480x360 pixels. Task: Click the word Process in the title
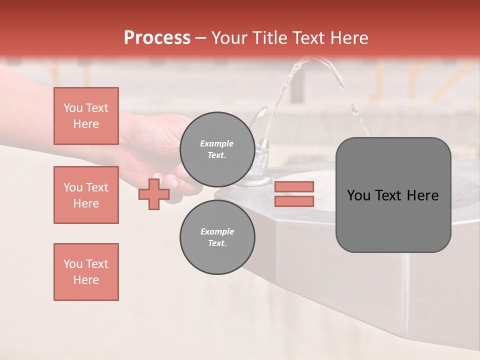157,38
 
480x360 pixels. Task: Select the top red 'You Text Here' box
86,116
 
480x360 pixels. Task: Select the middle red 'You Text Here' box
86,195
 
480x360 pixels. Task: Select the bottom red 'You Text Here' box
86,272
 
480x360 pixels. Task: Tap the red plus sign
153,194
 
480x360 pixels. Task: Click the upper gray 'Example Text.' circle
217,149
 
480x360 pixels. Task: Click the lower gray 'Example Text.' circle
217,237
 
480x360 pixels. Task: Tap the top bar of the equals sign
294,187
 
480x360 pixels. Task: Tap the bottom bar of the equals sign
294,201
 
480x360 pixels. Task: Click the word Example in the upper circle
216,143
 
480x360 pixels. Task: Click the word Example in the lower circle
217,231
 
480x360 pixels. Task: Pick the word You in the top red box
72,108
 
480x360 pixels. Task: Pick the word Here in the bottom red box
86,280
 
